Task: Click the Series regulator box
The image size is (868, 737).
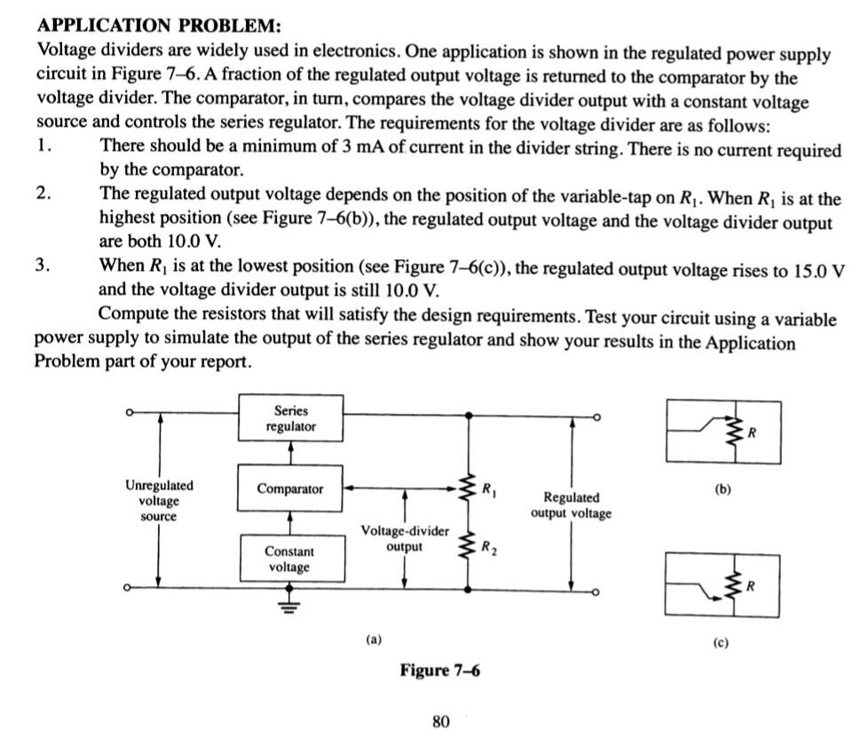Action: pyautogui.click(x=290, y=419)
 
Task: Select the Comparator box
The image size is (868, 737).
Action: pyautogui.click(x=290, y=488)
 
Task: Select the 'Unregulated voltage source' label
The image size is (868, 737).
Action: pyautogui.click(x=159, y=501)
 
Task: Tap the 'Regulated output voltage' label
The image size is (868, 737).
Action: pyautogui.click(x=571, y=505)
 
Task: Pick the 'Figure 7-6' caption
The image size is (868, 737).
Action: pyautogui.click(x=439, y=670)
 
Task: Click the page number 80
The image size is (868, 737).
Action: pyautogui.click(x=440, y=721)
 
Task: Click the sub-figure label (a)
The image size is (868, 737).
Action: pyautogui.click(x=374, y=638)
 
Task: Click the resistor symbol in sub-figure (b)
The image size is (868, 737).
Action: pyautogui.click(x=733, y=432)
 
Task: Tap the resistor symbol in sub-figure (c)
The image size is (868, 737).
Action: pyautogui.click(x=733, y=585)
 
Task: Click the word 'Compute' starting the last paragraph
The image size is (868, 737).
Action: pyautogui.click(x=130, y=317)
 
